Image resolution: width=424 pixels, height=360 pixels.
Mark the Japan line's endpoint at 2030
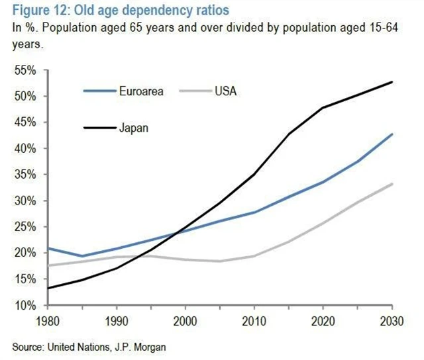(x=392, y=82)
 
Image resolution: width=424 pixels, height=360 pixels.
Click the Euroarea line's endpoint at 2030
(x=392, y=134)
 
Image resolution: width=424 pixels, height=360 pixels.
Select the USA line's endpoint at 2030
(x=392, y=184)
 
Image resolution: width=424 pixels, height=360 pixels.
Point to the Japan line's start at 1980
(x=46, y=288)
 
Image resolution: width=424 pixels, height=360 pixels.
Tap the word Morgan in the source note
(x=150, y=345)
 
